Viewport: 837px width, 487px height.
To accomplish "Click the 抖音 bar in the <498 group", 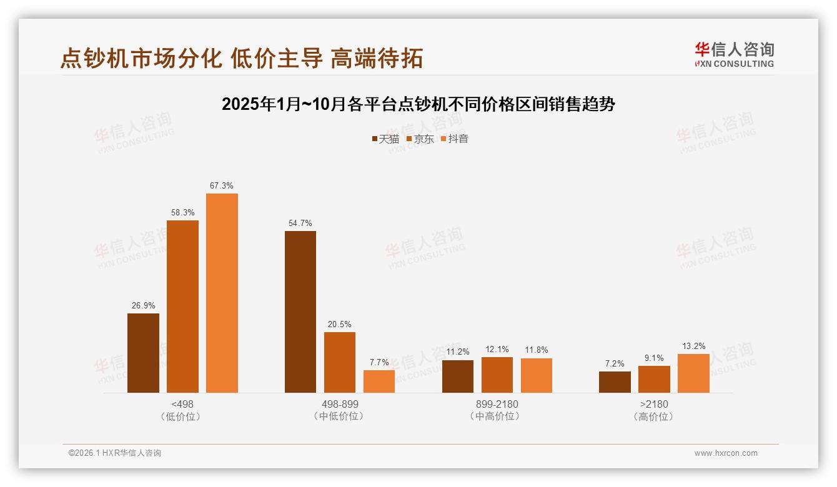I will click(222, 293).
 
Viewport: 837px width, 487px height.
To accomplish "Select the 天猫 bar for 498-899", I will click(300, 312).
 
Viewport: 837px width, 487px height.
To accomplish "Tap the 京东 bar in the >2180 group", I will click(654, 379).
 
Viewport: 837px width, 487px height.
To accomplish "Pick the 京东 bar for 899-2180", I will click(497, 375).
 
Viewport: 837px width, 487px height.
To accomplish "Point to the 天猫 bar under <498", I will click(143, 353).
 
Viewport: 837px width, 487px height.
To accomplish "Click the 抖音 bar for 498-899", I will click(379, 381).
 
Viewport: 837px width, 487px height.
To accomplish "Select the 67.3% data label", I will click(222, 185).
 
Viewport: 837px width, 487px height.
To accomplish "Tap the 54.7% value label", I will click(300, 223).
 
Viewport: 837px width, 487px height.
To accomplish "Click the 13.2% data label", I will click(693, 346).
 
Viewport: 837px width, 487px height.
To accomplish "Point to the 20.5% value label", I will click(340, 324).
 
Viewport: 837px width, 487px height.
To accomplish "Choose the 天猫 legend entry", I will click(385, 139).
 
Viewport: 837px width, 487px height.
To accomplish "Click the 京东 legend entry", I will click(420, 139).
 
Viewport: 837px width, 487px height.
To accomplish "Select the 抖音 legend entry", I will click(455, 139).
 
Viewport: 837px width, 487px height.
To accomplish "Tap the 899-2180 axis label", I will click(497, 404).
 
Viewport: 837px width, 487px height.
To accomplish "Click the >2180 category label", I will click(654, 404).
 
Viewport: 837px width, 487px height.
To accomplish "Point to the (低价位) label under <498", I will click(182, 416).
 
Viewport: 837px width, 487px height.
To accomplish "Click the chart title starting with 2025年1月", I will click(418, 104).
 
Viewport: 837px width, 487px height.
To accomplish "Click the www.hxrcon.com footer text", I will click(726, 453).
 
